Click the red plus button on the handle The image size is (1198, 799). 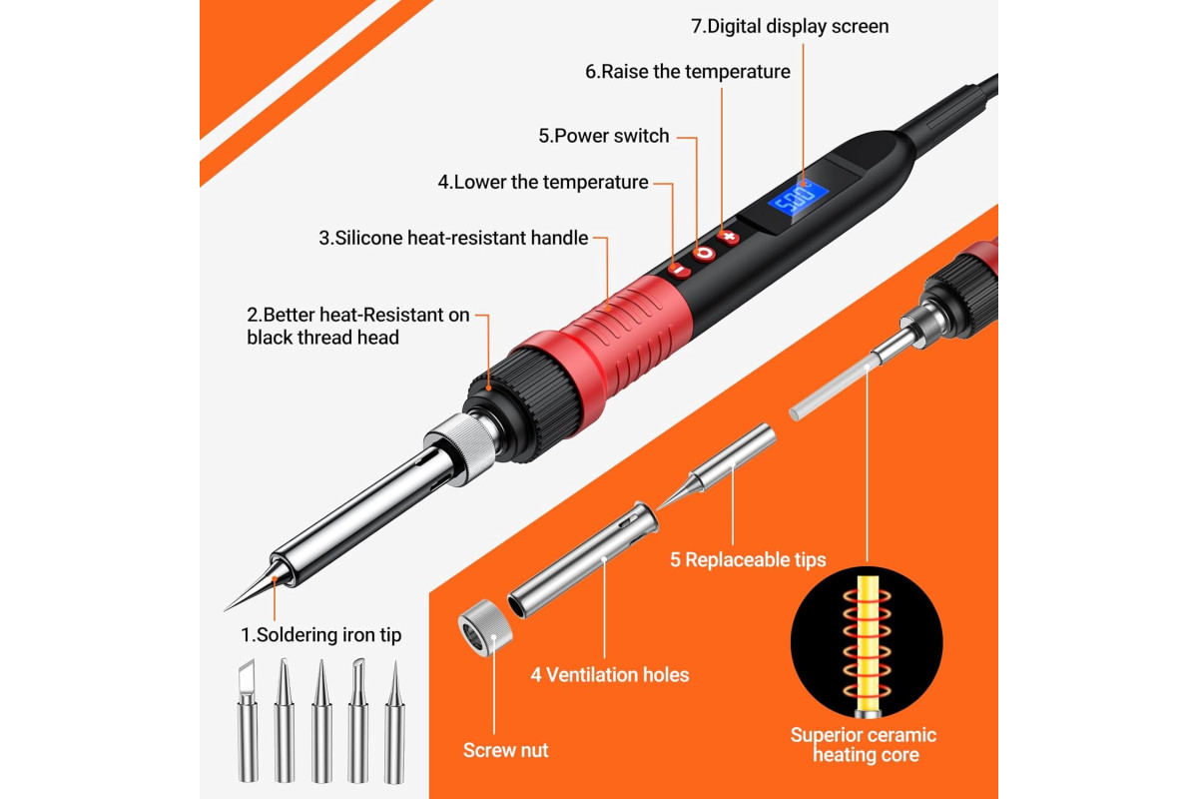pos(729,237)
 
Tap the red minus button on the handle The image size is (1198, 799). pos(679,271)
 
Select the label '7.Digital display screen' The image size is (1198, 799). pos(790,26)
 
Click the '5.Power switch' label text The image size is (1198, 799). pos(604,136)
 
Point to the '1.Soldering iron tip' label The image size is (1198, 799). pos(320,635)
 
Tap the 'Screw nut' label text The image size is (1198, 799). pos(505,750)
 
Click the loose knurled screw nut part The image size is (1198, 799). pos(485,627)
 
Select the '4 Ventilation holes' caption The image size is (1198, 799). pos(610,675)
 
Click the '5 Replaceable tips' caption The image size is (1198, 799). pos(748,559)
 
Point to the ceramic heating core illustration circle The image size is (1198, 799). pos(867,642)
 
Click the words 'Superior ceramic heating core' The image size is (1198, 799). pos(864,745)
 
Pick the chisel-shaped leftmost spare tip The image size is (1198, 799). pos(248,721)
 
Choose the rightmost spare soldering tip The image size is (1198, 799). pos(394,722)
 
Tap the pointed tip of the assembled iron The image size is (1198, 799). pos(224,610)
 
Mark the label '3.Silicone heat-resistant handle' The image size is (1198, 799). pos(453,238)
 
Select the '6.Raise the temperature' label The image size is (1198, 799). pos(688,72)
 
